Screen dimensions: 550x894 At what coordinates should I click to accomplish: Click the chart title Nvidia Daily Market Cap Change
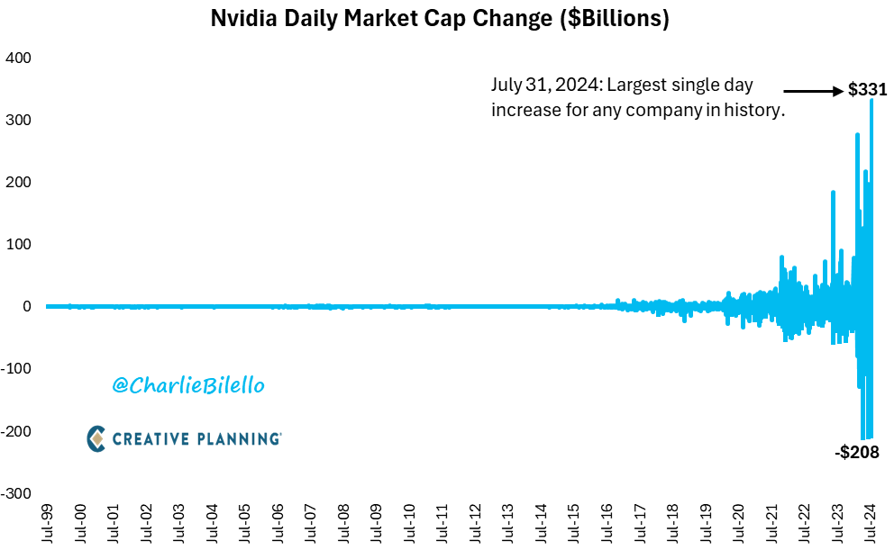[440, 19]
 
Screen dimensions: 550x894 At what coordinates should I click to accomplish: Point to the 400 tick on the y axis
[19, 58]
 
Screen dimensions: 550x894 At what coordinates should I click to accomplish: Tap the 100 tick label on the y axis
[19, 244]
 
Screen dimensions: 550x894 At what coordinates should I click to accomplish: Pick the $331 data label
[868, 90]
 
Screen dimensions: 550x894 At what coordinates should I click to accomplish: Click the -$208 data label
[856, 452]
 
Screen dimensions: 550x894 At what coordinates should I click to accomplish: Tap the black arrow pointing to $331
[812, 90]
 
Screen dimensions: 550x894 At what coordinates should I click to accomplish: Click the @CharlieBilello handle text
[188, 385]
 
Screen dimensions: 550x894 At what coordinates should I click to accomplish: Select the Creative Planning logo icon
[96, 438]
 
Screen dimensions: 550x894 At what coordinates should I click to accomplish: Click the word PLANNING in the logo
[237, 438]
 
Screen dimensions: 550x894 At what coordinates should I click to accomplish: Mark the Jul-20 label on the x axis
[740, 521]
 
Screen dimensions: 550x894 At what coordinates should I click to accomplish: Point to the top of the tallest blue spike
[871, 100]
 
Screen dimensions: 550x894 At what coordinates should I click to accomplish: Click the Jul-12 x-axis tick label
[476, 521]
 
